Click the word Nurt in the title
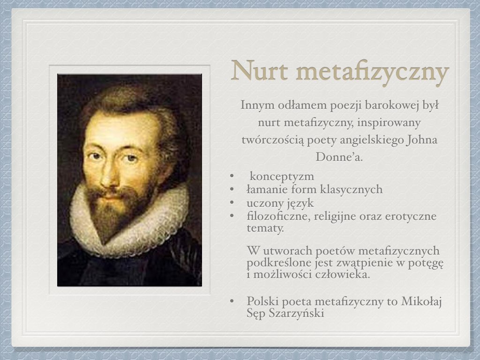pos(260,71)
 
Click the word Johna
pos(422,140)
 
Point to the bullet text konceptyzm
pos(282,177)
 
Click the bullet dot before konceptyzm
pos(232,176)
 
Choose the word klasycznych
pos(352,189)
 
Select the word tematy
pos(265,228)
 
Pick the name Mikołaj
pos(421,301)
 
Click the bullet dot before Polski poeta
pos(232,301)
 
